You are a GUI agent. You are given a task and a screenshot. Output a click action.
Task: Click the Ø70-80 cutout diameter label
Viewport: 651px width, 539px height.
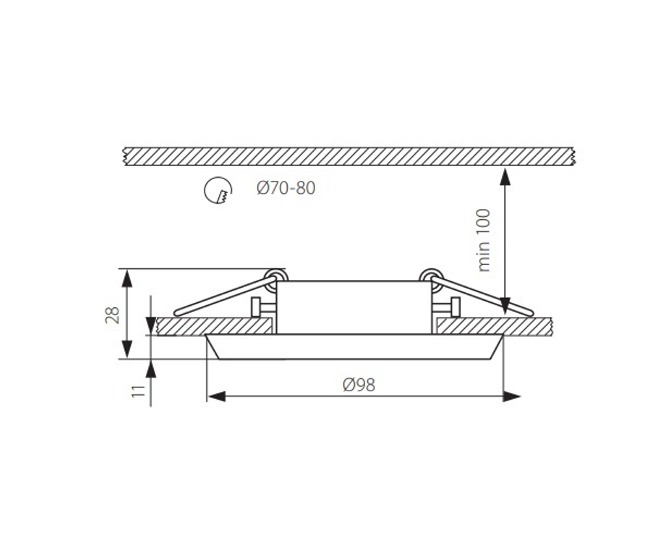(286, 189)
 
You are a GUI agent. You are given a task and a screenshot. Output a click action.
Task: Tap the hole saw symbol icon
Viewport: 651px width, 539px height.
(218, 190)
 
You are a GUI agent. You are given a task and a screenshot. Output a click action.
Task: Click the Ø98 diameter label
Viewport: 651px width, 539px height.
(359, 385)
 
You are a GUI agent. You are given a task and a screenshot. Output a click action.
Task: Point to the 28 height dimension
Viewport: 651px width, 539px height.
(113, 314)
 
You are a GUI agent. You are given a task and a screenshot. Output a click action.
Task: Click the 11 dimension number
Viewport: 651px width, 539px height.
(137, 391)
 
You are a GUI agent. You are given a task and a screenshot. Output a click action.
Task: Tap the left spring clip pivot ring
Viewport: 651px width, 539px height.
(276, 277)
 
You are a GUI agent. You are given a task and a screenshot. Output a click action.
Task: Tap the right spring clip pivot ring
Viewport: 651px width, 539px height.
(430, 277)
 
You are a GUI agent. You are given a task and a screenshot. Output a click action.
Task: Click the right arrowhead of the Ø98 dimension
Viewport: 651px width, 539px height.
(512, 396)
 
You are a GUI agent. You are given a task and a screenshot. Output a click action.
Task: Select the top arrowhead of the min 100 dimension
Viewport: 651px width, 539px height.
(505, 176)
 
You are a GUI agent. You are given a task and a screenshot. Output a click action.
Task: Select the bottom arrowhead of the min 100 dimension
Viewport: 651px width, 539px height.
(505, 306)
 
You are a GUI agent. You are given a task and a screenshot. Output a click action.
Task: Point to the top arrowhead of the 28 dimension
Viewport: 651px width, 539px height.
(127, 278)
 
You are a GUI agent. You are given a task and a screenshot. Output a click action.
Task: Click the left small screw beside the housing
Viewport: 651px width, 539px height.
(256, 307)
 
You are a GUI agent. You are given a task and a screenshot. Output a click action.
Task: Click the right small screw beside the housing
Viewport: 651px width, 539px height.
(454, 307)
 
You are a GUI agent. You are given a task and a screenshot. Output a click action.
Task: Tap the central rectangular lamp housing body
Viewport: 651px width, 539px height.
(353, 307)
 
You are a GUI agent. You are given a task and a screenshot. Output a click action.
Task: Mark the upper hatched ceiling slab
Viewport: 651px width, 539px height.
(348, 156)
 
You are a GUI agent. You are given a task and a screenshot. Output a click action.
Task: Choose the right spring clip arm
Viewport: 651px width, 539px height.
(485, 296)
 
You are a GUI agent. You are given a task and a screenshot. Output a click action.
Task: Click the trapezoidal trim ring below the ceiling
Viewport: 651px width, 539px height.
(353, 346)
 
